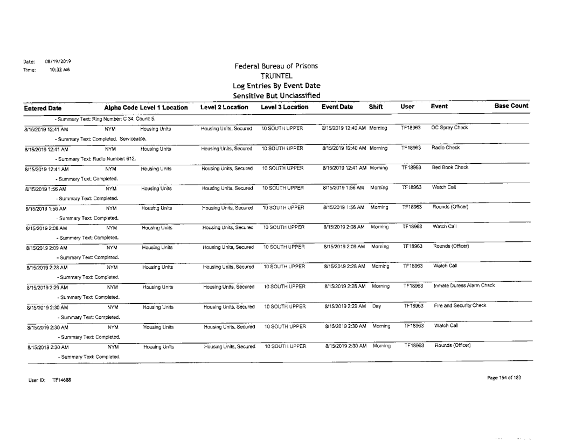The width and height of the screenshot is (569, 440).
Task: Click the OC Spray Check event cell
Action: pos(450,128)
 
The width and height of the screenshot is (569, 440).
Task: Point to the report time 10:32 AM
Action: pos(53,69)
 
